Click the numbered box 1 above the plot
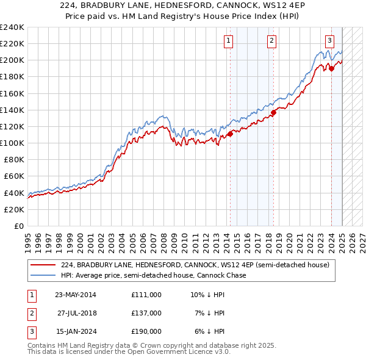point(228,41)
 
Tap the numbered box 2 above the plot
point(271,41)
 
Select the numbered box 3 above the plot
point(329,41)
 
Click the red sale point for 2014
point(230,134)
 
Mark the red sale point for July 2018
point(274,112)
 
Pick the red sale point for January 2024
point(331,68)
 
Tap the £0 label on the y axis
point(18,226)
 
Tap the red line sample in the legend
point(43,265)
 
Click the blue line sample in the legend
point(43,276)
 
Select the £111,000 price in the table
point(146,295)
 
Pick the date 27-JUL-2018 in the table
point(77,313)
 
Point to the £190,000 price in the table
point(146,331)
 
